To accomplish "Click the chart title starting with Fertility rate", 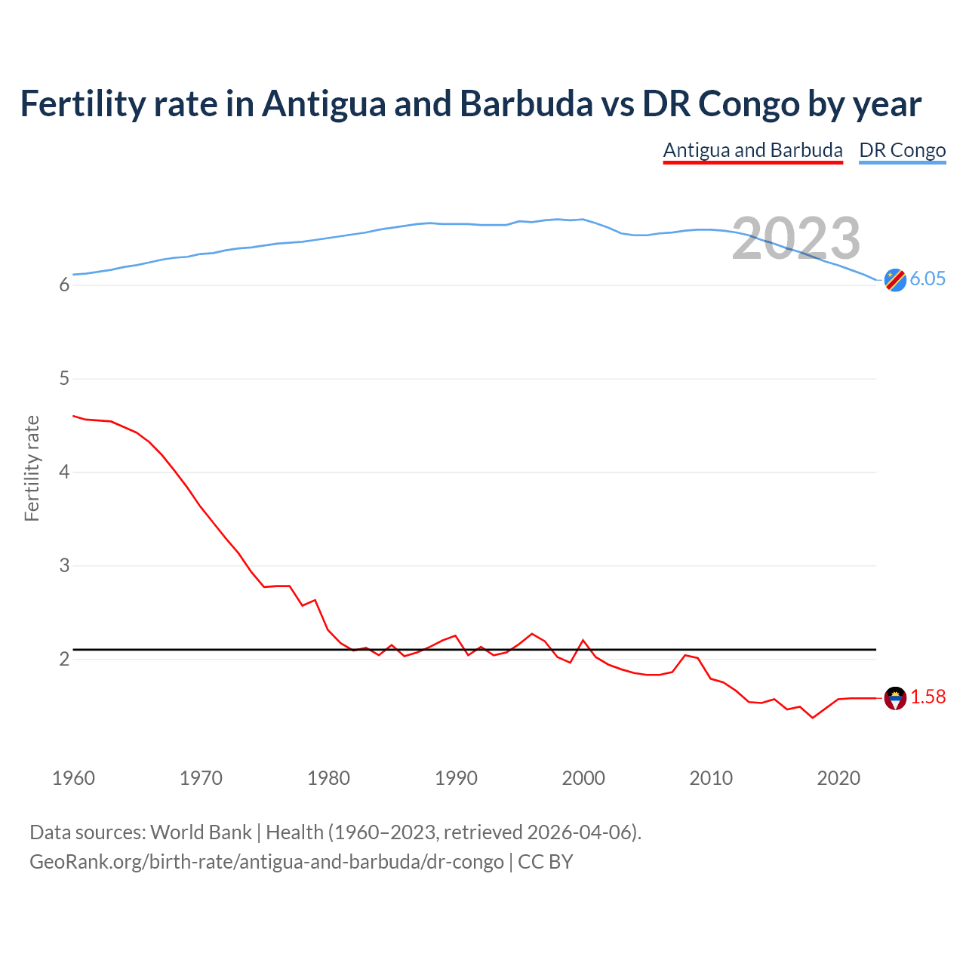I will [x=470, y=104].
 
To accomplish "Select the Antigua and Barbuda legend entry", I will [x=752, y=150].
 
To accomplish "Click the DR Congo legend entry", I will [x=902, y=150].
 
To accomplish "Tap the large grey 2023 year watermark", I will [x=795, y=238].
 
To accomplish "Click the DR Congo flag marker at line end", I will [x=894, y=280].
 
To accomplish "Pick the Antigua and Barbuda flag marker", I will [x=894, y=698].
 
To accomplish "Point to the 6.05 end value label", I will [x=928, y=278].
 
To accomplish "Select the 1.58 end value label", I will [x=928, y=697].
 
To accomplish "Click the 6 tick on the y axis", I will [x=64, y=285].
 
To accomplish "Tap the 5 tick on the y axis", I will [x=64, y=378].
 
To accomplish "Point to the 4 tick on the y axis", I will [x=64, y=472].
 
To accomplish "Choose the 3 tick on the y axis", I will [x=64, y=565].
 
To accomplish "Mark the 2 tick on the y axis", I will [x=64, y=659].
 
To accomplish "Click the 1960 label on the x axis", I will [x=73, y=778].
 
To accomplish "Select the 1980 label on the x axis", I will [x=328, y=778].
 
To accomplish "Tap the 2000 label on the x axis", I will [x=583, y=778].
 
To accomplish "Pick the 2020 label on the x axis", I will [x=838, y=778].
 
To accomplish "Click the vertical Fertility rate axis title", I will [x=32, y=468].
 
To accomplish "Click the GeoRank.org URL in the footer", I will [x=266, y=861].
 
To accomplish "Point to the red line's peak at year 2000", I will [x=583, y=640].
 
